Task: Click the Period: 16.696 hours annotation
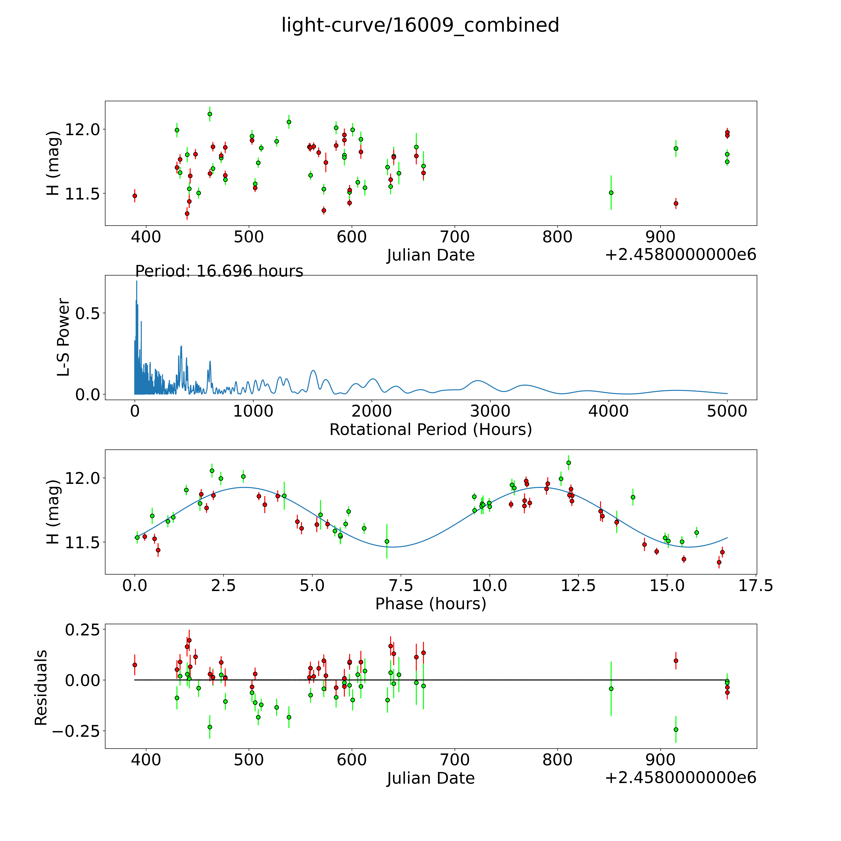(219, 271)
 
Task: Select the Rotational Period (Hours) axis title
(430, 430)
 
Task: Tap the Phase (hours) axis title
(430, 604)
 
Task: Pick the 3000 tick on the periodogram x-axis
(490, 411)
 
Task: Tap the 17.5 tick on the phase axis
(756, 585)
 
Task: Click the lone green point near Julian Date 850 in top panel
(611, 192)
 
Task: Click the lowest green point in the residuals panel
(676, 729)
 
